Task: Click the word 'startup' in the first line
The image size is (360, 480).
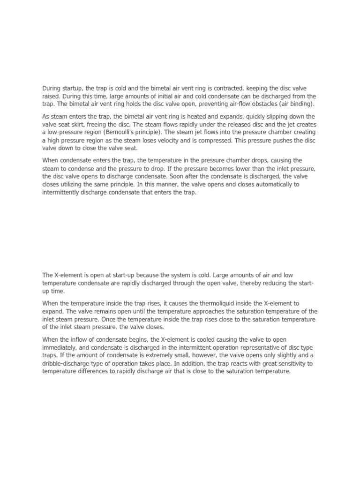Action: pos(72,89)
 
